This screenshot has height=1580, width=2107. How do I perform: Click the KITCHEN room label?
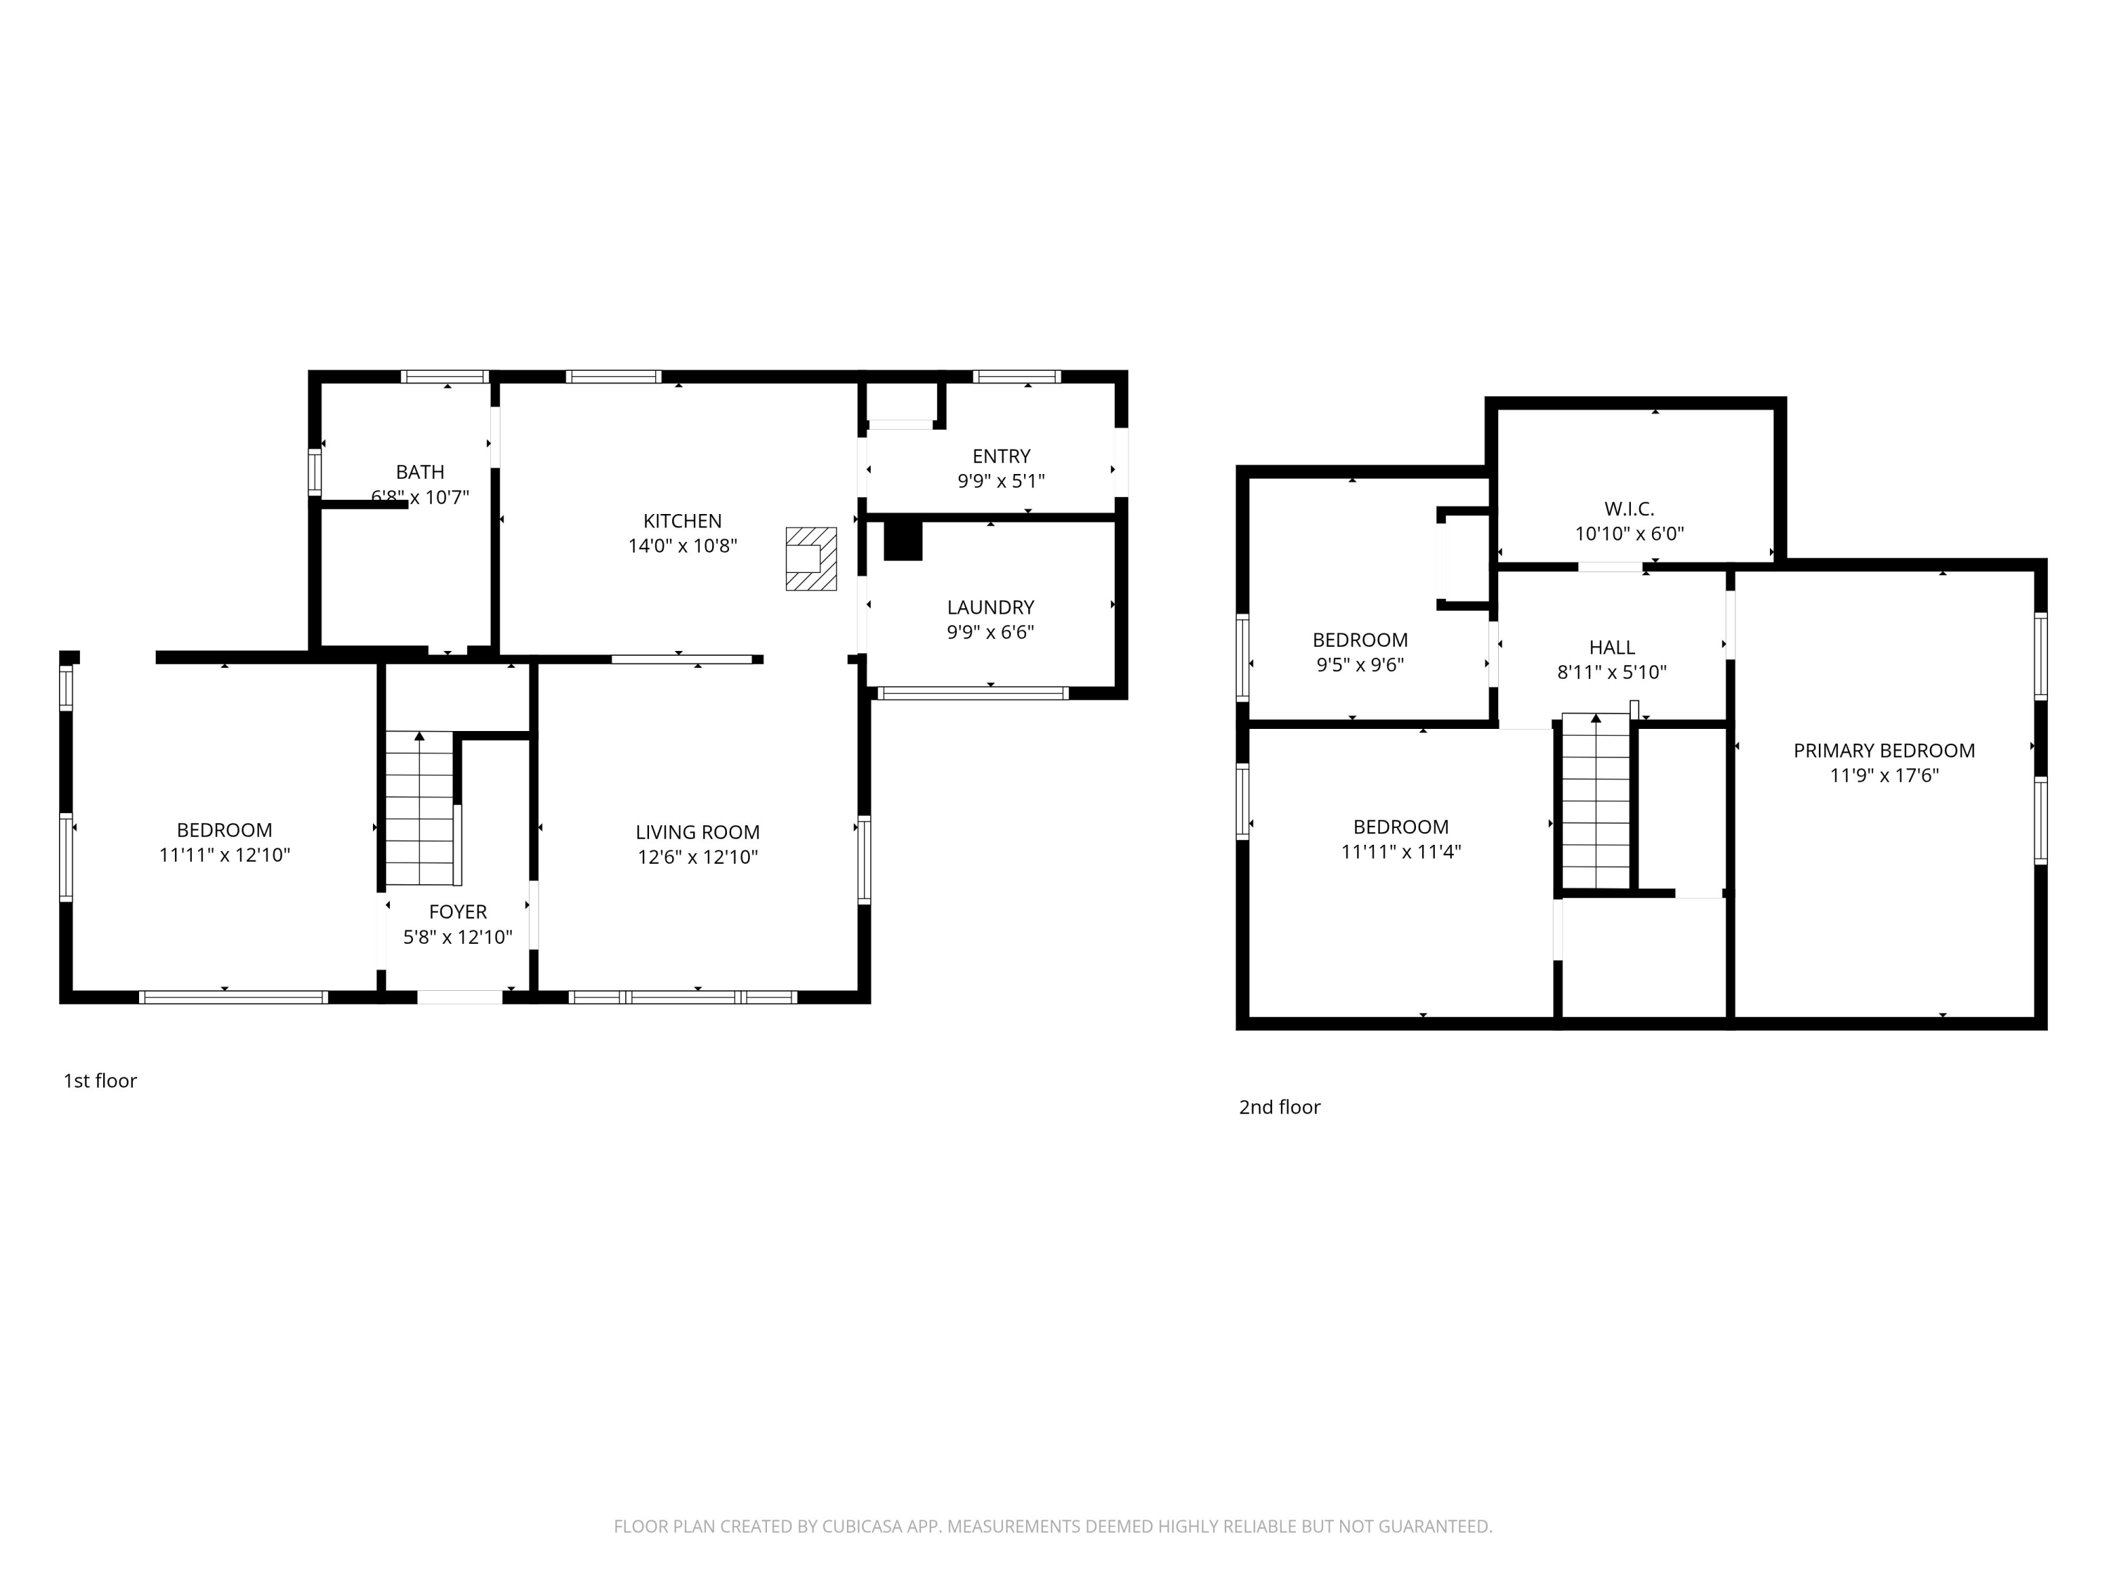[682, 521]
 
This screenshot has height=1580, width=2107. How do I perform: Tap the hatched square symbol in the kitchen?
[810, 559]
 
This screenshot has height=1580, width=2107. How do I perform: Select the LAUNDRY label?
[990, 607]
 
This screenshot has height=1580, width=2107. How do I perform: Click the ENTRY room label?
[1001, 456]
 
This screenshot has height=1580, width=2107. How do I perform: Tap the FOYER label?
[458, 912]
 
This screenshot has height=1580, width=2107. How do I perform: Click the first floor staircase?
[419, 808]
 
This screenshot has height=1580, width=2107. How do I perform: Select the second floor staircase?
[1596, 801]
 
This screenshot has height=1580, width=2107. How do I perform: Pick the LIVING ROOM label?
[697, 832]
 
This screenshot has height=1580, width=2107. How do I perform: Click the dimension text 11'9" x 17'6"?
[1884, 775]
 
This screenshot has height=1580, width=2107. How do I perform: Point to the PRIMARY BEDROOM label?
[1884, 751]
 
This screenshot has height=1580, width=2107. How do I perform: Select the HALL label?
[1612, 647]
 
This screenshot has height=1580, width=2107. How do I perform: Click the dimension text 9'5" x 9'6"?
[1360, 665]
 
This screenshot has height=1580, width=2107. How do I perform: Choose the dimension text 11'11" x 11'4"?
[1401, 851]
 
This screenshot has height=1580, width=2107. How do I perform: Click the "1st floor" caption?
[100, 1081]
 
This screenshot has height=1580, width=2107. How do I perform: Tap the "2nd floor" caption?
[1279, 1107]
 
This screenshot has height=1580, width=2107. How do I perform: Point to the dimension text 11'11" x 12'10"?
[225, 855]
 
